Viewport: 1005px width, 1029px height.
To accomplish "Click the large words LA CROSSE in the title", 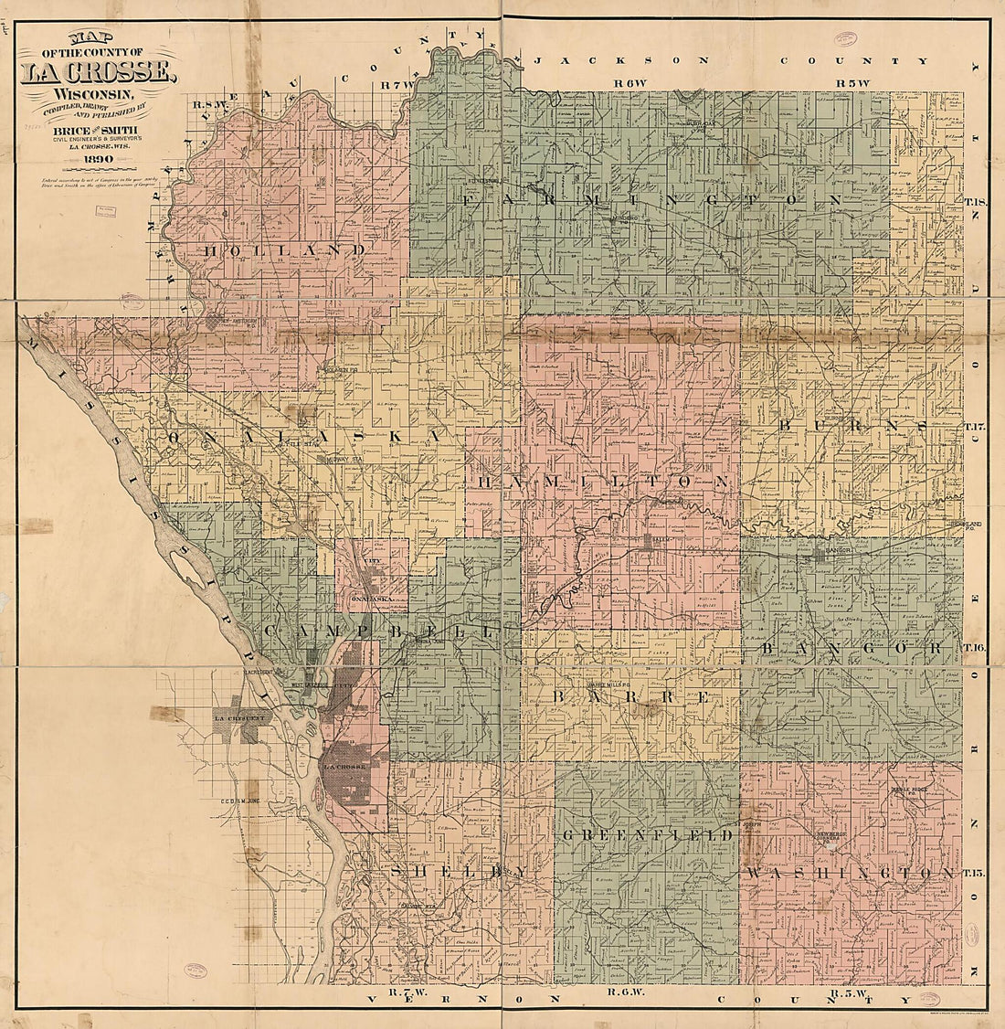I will (x=97, y=72).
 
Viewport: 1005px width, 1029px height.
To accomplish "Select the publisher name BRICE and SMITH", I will (x=101, y=131).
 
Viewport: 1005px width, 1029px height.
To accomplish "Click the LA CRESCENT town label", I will (x=238, y=718).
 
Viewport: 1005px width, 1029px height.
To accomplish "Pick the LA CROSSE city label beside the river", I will (x=346, y=766).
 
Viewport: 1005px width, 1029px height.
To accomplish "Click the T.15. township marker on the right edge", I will (x=974, y=875).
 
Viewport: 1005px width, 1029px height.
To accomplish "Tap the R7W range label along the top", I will (x=398, y=85).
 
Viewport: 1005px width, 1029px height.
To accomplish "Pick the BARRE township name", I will (x=630, y=696).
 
